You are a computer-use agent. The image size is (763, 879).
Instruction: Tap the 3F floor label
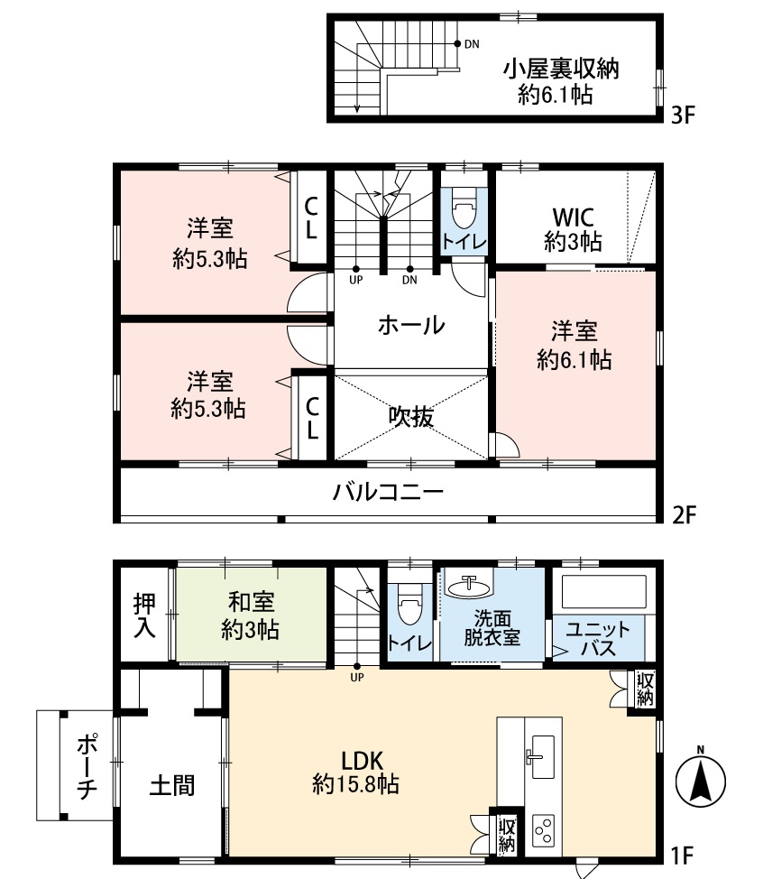(684, 117)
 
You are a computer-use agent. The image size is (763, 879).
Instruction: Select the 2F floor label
(685, 515)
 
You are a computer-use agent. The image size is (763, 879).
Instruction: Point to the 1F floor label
(684, 853)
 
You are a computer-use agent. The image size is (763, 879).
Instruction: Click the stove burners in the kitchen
(544, 829)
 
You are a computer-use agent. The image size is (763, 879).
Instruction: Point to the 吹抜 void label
(411, 416)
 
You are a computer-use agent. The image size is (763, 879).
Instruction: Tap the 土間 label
(170, 785)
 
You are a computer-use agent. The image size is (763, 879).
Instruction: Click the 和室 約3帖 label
(250, 615)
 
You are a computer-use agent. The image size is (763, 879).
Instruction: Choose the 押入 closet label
(144, 615)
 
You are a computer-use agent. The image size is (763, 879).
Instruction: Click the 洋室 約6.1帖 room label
(574, 345)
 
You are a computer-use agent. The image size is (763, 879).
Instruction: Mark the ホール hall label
(410, 325)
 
